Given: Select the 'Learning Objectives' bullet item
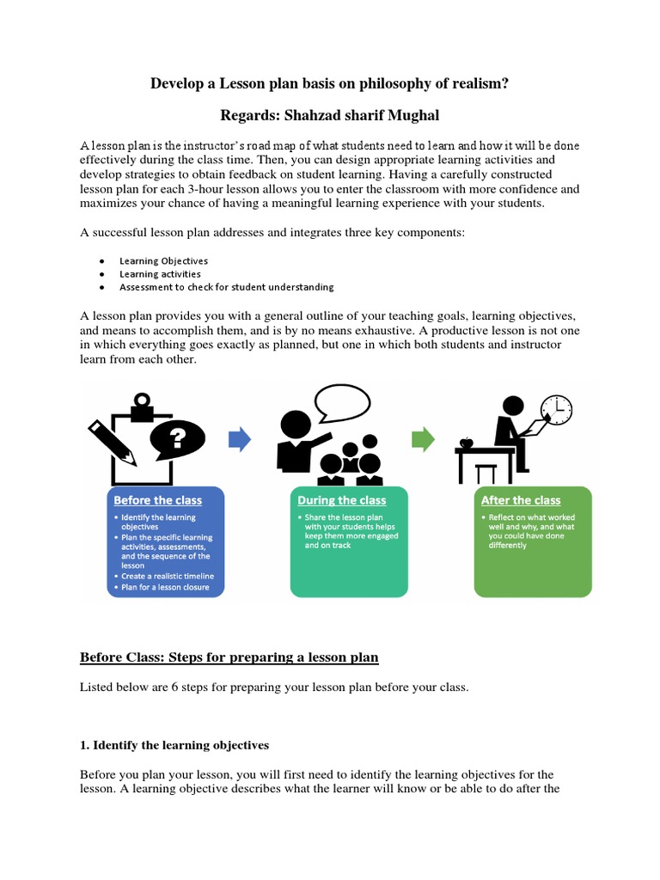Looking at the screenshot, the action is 163,260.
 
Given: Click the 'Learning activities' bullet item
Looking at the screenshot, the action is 160,274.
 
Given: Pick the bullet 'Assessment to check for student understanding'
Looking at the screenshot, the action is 227,287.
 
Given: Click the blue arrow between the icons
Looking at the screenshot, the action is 239,440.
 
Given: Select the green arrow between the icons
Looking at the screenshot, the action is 424,440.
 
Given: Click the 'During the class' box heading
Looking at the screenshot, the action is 341,500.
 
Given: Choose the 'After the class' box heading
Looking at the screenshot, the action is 521,500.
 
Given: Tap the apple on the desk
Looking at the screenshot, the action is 467,443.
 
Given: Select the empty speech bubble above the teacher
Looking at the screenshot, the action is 342,401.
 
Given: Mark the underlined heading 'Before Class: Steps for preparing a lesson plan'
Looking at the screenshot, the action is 229,658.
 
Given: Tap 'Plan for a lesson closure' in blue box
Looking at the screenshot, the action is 164,588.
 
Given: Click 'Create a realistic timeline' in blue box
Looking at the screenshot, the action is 167,576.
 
